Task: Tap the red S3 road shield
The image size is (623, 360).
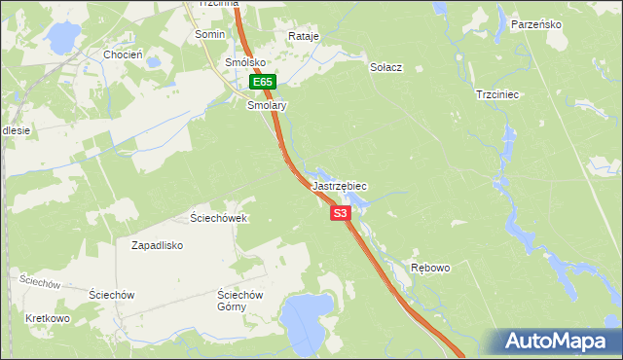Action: (340, 213)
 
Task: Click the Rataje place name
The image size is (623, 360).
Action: (304, 36)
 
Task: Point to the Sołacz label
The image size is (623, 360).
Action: (386, 68)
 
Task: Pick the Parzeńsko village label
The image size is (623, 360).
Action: (536, 24)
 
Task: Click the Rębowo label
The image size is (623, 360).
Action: (430, 268)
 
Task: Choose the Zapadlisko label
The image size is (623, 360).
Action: (158, 245)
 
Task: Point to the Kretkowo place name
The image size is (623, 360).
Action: (48, 318)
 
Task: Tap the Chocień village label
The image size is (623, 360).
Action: (124, 55)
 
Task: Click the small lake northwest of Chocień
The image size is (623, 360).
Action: (60, 38)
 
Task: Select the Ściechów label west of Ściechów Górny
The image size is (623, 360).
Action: (111, 294)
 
